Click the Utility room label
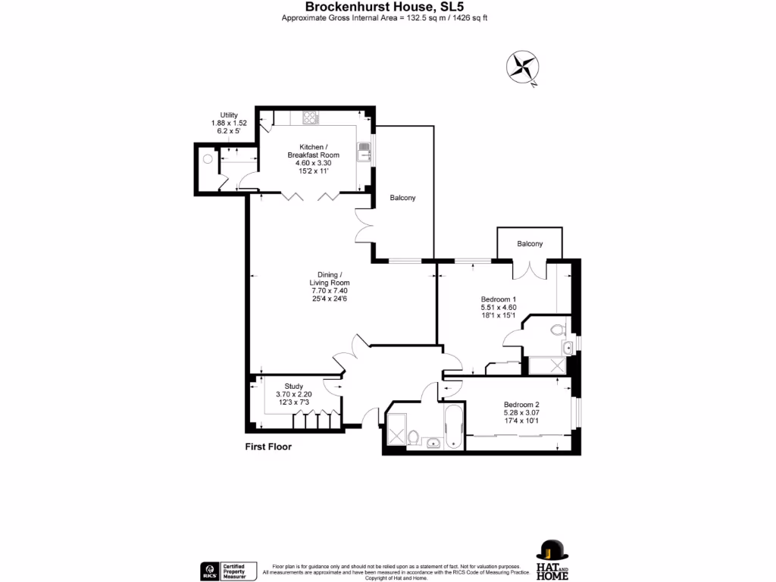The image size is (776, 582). pos(228,114)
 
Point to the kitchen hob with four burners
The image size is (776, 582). pos(310,117)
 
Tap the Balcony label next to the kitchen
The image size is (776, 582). pos(402,198)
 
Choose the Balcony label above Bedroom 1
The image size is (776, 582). pos(530,244)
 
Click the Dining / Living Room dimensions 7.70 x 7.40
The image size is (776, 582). pos(329,290)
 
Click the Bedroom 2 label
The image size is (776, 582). pos(521,404)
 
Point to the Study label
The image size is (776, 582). pos(293,386)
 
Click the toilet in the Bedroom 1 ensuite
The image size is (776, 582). pos(558,329)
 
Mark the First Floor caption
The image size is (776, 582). pos(268,446)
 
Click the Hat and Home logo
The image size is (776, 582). pos(552,559)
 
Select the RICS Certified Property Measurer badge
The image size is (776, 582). pos(227,570)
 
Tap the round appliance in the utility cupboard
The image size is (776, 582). pos(207,160)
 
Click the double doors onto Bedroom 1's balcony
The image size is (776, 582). pos(529,269)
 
